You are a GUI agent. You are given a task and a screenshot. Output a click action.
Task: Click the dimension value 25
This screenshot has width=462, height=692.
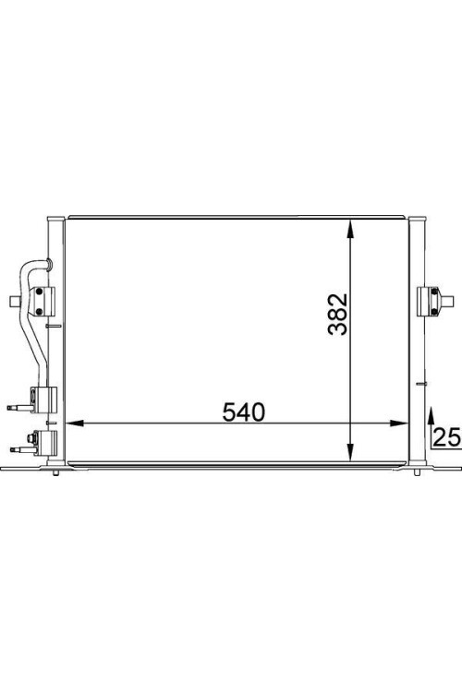coord(447,437)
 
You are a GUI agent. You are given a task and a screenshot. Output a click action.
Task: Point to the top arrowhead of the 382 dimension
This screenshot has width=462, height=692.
coord(350,226)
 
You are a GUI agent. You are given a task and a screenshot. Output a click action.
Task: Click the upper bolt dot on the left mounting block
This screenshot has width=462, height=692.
coord(42,292)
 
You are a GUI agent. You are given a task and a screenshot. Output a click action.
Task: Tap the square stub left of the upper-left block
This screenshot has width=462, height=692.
coord(12,301)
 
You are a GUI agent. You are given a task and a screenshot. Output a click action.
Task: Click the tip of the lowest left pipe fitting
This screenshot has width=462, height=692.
coord(11,448)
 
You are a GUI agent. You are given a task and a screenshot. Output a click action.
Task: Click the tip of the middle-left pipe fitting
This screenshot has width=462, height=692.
coord(11,404)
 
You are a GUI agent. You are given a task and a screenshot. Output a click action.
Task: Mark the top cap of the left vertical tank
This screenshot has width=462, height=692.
coord(55,218)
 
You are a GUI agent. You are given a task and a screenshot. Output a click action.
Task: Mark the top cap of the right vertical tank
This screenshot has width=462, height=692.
coord(417,218)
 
